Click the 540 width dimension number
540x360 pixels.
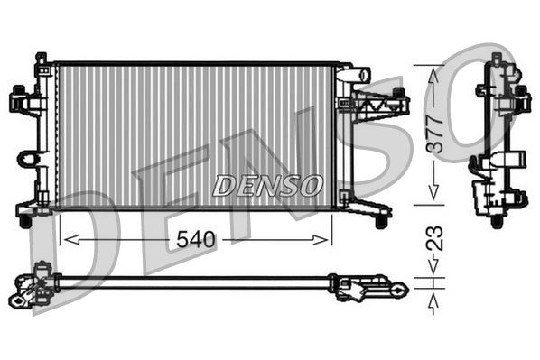pos(195,239)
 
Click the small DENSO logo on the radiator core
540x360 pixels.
pos(267,186)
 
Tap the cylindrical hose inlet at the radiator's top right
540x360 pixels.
pos(359,72)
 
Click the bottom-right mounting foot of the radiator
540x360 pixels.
pos(382,218)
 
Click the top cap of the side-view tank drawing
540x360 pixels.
pos(496,60)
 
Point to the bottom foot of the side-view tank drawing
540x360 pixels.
pos(496,217)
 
